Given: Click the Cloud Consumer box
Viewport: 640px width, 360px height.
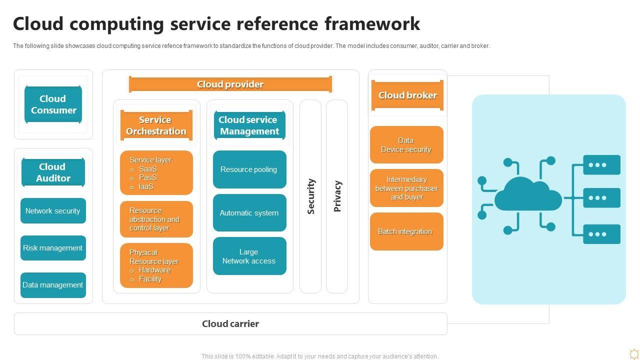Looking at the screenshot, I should (53, 104).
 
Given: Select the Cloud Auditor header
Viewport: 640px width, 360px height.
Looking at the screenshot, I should (53, 172).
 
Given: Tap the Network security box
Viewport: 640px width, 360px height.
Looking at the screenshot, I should (53, 211).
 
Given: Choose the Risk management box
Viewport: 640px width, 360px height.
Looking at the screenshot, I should (53, 248).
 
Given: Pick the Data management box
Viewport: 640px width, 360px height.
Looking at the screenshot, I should (53, 285).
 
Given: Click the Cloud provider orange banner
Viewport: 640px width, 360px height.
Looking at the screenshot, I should (230, 84).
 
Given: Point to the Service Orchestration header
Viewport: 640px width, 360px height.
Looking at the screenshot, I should (156, 125).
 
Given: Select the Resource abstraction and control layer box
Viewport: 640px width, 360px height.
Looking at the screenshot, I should (156, 219).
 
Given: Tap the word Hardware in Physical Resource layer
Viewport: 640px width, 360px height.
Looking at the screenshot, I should (154, 270).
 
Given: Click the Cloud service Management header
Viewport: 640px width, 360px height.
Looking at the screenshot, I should (249, 125).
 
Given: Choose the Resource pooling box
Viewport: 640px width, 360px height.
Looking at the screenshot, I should (249, 169).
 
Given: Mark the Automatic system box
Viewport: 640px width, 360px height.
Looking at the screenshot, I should (249, 213).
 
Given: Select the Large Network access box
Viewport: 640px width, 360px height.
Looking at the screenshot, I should (249, 256).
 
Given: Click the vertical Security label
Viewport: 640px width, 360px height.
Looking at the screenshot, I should (310, 196).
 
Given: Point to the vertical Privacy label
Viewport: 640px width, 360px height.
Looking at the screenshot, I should (337, 196).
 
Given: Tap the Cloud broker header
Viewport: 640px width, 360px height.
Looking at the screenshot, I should (407, 95).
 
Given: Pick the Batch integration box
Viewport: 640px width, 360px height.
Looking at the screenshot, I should (406, 231).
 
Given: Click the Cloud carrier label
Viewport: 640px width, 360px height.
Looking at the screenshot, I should (230, 324).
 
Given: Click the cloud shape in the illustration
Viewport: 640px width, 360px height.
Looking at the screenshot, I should (528, 196).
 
